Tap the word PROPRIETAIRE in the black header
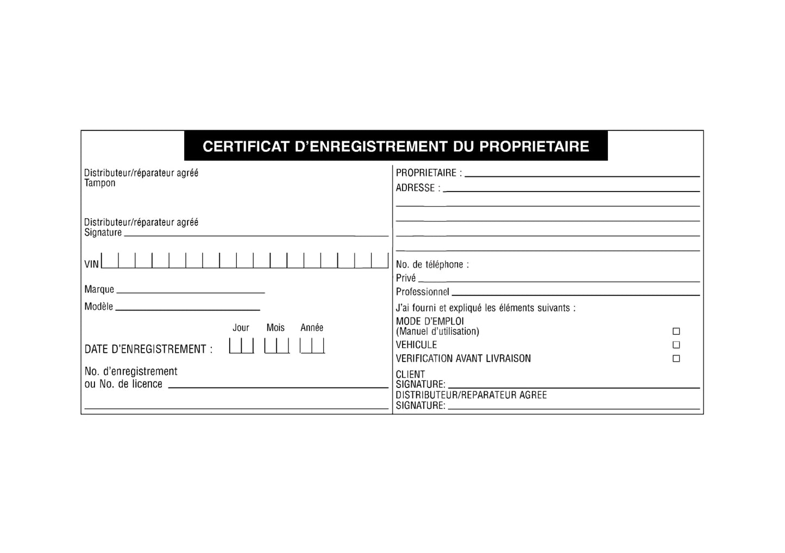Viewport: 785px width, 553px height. pyautogui.click(x=535, y=147)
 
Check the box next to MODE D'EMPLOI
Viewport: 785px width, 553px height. pyautogui.click(x=676, y=331)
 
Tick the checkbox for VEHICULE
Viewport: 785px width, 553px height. pyautogui.click(x=676, y=345)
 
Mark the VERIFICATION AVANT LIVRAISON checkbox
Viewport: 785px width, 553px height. pyautogui.click(x=676, y=359)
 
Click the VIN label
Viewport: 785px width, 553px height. pyautogui.click(x=92, y=264)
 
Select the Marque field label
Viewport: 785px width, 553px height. pyautogui.click(x=99, y=289)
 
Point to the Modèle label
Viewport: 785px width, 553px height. pyautogui.click(x=98, y=307)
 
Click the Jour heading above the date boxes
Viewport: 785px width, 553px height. pyautogui.click(x=241, y=328)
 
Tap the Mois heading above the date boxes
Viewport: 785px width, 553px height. pyautogui.click(x=275, y=328)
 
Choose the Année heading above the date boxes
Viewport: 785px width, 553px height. pyautogui.click(x=312, y=328)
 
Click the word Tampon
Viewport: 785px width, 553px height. pyautogui.click(x=100, y=183)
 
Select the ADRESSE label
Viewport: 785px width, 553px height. pyautogui.click(x=416, y=188)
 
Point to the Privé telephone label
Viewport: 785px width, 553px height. pyautogui.click(x=406, y=278)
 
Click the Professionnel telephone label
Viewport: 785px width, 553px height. pyautogui.click(x=423, y=292)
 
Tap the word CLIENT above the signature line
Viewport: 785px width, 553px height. pyautogui.click(x=410, y=374)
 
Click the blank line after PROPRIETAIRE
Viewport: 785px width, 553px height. pyautogui.click(x=582, y=176)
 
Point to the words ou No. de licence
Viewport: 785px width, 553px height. pyautogui.click(x=123, y=384)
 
